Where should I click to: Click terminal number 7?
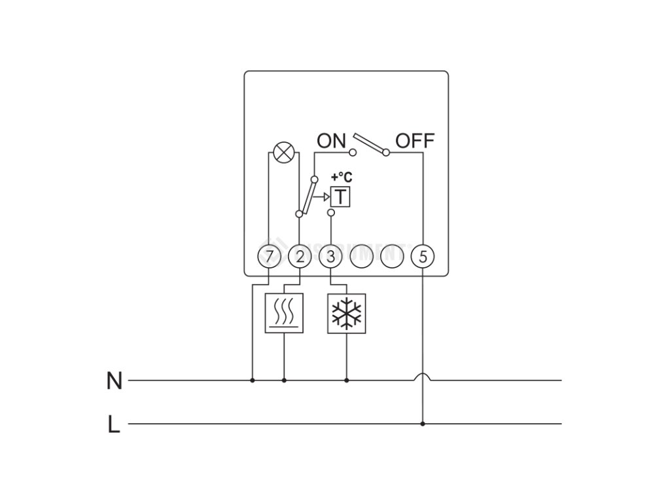pos(269,256)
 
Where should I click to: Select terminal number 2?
pos(300,256)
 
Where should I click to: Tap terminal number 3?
pos(330,256)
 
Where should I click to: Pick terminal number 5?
pos(422,256)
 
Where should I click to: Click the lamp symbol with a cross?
pos(283,153)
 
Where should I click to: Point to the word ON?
pos(331,140)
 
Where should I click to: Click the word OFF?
pos(415,140)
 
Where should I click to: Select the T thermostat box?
pos(340,196)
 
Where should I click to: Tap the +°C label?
pos(340,177)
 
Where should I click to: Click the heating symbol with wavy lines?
pos(284,313)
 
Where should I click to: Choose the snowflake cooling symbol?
pos(346,313)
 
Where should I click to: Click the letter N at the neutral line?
pos(114,381)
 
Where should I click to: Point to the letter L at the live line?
pos(114,425)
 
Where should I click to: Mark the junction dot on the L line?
pos(422,424)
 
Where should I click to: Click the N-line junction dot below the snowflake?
pos(346,379)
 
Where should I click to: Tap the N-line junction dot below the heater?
pos(284,379)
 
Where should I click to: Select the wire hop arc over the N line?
pos(422,376)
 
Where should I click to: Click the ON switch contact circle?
pos(353,153)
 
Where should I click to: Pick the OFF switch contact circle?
pos(386,153)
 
